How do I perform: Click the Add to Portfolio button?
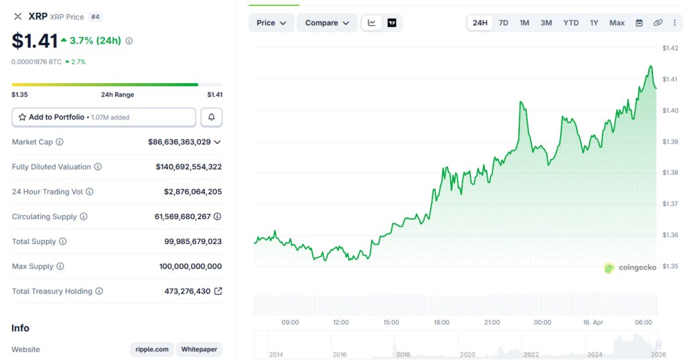coord(104,117)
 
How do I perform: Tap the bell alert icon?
coord(212,117)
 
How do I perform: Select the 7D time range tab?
coord(503,23)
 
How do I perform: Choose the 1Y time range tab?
coord(594,23)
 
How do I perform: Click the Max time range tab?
coord(617,23)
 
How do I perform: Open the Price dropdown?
coord(271,23)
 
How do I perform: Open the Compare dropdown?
coord(326,23)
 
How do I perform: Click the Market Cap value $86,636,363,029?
coord(180,142)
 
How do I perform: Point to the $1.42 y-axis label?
coord(671,48)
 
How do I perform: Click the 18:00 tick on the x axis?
coord(441,322)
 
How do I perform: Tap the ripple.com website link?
coord(152,349)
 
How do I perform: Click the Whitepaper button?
coord(199,349)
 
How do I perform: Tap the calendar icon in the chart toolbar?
coord(639,23)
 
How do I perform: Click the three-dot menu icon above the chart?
coord(675,23)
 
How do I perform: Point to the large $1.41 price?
coord(34,41)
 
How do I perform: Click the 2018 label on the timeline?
coord(403,354)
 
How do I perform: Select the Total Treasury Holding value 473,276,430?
coord(187,292)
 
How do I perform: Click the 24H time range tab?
coord(480,23)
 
